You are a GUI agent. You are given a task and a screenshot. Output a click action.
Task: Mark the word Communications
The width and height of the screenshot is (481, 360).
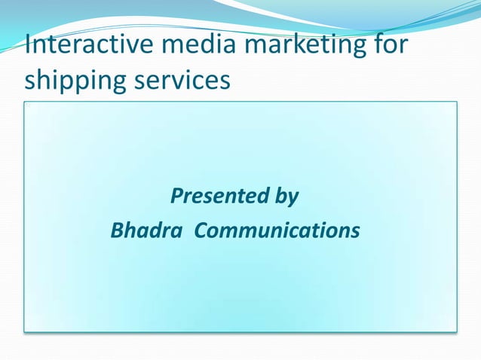point(277,230)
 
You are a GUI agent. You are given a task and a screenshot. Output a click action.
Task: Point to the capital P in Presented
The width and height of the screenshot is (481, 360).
point(177,197)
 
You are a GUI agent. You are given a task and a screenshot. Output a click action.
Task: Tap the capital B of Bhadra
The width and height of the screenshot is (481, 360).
point(118,230)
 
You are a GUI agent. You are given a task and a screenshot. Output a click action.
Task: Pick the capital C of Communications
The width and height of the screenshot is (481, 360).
point(201,230)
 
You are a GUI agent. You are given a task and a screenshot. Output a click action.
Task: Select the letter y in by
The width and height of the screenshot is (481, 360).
point(293,200)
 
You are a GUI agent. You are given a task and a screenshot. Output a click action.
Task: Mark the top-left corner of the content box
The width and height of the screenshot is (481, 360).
point(24,102)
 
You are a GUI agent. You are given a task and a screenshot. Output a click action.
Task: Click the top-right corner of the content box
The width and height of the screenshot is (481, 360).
point(457,102)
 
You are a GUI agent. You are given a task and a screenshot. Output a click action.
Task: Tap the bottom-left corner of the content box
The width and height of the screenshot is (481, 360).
point(24,331)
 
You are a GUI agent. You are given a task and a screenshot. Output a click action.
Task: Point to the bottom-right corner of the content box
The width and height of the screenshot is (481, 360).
point(457,331)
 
